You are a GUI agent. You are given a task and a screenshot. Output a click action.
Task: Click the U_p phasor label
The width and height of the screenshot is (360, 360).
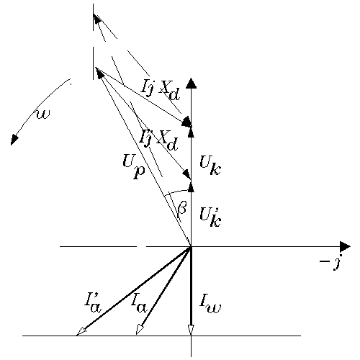tap(134, 166)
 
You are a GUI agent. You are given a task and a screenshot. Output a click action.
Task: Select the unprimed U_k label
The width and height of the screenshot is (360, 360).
tap(210, 166)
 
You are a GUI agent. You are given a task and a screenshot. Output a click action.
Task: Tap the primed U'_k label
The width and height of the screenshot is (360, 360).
tap(210, 217)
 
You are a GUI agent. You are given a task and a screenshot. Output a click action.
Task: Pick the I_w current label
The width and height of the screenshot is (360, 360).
tap(210, 305)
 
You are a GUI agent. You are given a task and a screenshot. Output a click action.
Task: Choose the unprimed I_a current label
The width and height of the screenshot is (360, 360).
tap(139, 305)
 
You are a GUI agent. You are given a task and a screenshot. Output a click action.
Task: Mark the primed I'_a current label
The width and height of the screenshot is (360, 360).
tap(93, 304)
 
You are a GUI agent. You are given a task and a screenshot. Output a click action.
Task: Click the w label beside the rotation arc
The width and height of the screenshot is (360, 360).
tap(43, 114)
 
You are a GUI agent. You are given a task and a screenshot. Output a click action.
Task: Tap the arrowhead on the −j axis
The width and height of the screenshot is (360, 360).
tap(345, 246)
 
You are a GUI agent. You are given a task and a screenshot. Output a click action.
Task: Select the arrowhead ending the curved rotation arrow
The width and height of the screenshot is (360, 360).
tap(14, 140)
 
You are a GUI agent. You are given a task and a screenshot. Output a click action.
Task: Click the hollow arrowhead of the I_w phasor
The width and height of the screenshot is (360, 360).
tap(191, 330)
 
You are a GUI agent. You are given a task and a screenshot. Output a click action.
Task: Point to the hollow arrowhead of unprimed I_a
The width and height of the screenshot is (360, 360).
tap(140, 329)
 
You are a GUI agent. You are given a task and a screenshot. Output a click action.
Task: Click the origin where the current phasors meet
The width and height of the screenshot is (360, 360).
tap(191, 246)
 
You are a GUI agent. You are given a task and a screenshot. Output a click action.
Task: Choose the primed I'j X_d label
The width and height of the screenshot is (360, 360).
tap(159, 140)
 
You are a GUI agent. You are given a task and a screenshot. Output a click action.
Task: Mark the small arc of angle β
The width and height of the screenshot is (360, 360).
tap(179, 192)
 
